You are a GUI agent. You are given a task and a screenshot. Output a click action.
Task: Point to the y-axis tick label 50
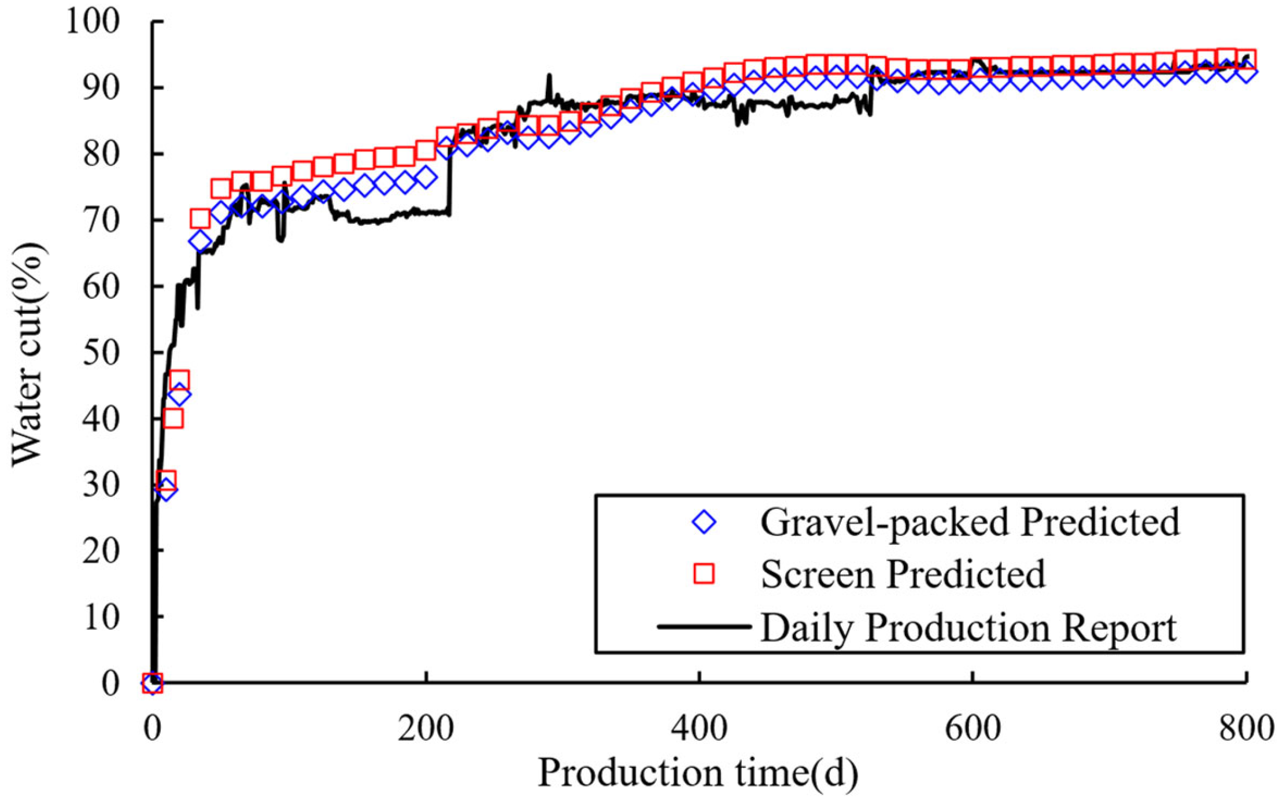point(101,352)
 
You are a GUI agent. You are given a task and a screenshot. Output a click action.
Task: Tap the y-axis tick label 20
point(101,550)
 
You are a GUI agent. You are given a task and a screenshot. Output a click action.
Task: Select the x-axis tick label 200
point(426,729)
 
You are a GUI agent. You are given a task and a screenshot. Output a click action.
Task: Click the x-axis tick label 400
point(699,729)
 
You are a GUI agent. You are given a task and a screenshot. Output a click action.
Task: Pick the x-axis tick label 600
point(973,729)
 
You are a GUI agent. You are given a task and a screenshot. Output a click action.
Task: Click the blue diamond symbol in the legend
point(704,522)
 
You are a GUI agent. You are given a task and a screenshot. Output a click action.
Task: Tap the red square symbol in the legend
point(704,574)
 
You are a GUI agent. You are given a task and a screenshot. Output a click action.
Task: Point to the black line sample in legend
point(704,627)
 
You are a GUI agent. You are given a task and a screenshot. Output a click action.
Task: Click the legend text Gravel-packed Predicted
point(970,522)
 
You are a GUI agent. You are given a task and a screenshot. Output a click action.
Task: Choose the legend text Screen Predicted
point(903,574)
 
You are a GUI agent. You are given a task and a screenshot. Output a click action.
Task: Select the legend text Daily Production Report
point(968,627)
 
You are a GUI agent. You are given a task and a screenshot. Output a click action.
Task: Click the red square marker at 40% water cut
point(173,418)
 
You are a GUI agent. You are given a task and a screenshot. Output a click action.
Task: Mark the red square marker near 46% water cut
point(179,380)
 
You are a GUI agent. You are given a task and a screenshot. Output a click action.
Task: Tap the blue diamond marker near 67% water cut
point(200,241)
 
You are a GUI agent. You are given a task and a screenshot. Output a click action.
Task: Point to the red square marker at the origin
point(153,683)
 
